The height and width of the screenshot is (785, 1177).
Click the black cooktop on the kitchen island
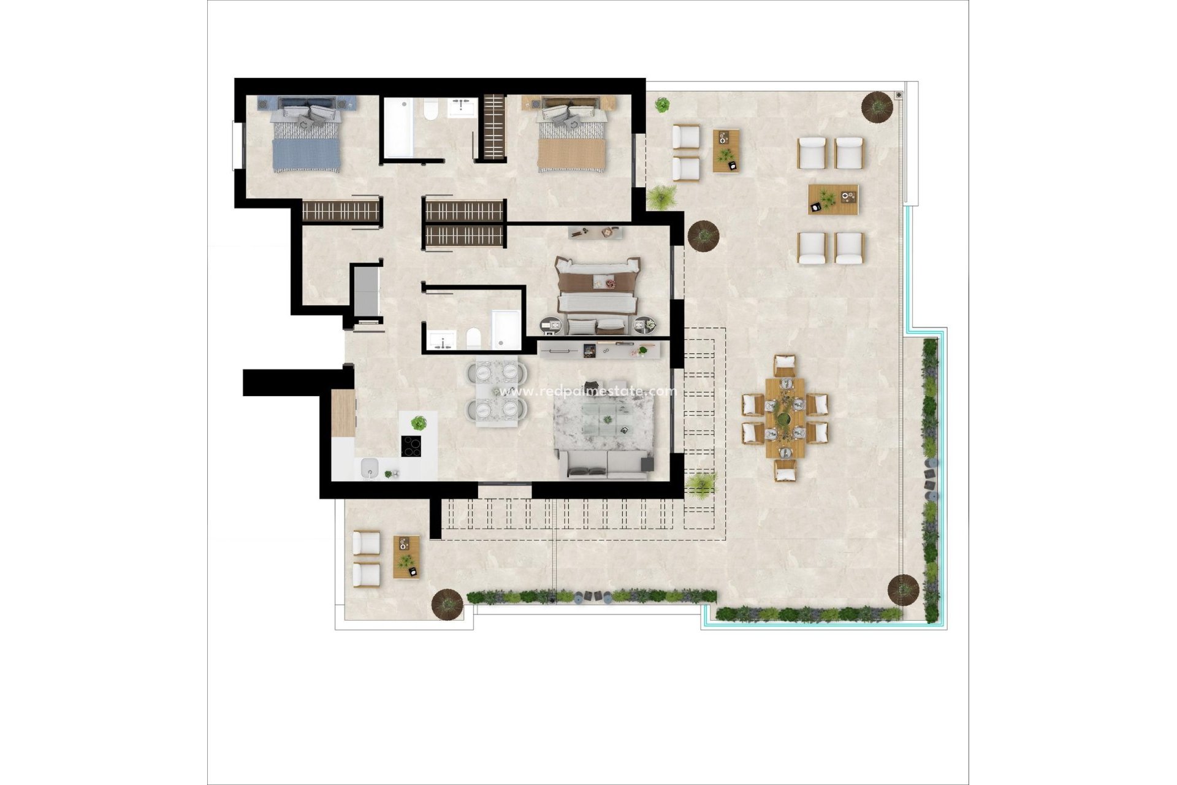tap(411, 446)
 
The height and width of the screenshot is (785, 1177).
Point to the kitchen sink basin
tap(370, 469)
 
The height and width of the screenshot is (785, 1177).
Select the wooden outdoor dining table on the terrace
tap(785, 417)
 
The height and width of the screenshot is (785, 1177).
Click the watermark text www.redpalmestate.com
tap(587, 391)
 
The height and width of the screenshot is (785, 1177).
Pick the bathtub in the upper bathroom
tap(398, 128)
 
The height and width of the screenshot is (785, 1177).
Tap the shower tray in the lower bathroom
tap(506, 329)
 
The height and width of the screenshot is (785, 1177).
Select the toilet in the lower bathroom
tap(473, 338)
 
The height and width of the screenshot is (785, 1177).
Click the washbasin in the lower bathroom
tap(442, 340)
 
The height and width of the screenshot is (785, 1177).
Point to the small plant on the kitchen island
tap(419, 423)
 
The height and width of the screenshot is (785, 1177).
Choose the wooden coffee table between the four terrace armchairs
tap(832, 199)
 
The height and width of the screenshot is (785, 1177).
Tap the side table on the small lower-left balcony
tap(406, 557)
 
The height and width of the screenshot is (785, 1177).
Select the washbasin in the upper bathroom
tap(462, 108)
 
